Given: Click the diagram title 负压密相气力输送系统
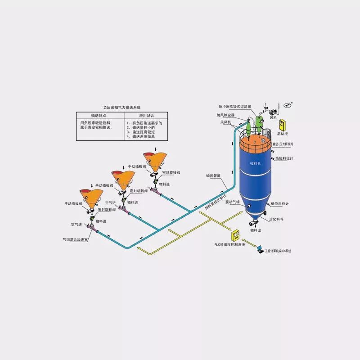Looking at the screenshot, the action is [122, 108].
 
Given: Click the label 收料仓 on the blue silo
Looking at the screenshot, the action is [256, 164].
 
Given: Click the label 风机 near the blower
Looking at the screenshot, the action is [273, 118].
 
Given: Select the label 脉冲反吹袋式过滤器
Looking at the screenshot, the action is [234, 107].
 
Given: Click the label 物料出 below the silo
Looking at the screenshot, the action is [256, 230].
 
